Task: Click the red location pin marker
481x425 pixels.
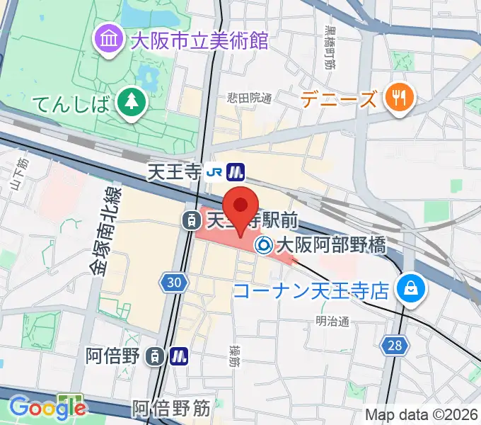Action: point(241,207)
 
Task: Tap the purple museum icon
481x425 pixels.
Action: point(109,38)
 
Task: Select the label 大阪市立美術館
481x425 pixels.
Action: point(200,39)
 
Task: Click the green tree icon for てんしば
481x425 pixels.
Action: point(132,103)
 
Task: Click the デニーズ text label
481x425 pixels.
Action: point(339,99)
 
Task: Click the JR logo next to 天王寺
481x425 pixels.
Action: point(215,171)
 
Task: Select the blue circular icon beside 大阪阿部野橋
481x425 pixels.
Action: point(265,245)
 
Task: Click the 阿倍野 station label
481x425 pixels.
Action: point(115,356)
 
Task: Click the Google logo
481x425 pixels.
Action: point(47,407)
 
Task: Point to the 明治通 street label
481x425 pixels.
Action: point(332,321)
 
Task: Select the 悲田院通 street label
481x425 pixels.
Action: point(249,98)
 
